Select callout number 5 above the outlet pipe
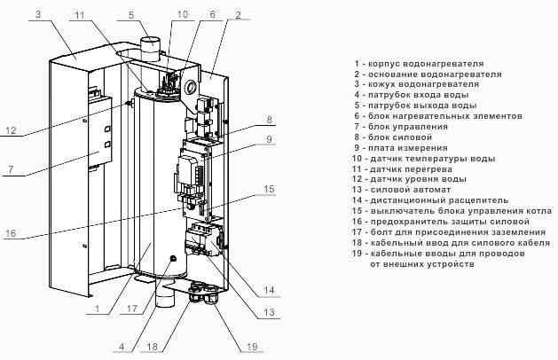click(x=130, y=15)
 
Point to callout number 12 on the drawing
click(x=11, y=130)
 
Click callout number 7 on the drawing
click(x=11, y=168)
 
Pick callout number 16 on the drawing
click(x=11, y=234)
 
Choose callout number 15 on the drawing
click(x=269, y=189)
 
